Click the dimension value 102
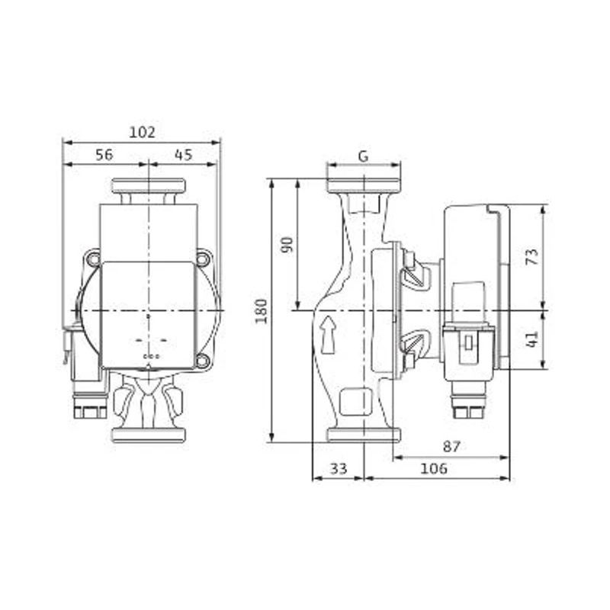(142, 132)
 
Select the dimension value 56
(104, 155)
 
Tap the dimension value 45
(183, 155)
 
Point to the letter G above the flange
(363, 156)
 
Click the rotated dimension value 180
(262, 311)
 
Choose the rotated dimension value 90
(287, 245)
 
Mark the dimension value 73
(532, 257)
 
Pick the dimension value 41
(532, 339)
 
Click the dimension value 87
(451, 446)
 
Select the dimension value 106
(434, 468)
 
